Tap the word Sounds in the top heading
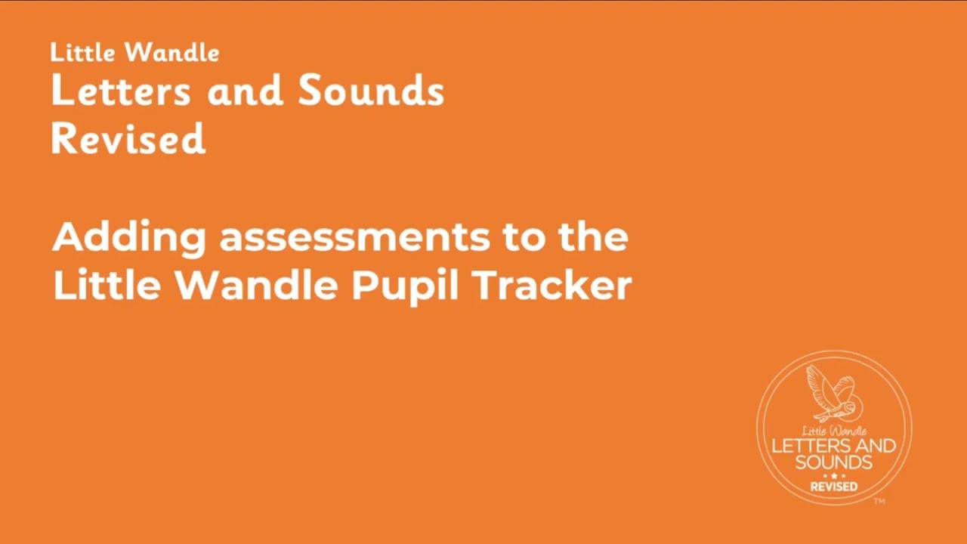coord(370,92)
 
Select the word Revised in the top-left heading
coord(128,140)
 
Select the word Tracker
coord(551,286)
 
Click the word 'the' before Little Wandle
coord(593,237)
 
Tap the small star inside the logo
coord(834,476)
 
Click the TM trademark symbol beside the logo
coord(879,501)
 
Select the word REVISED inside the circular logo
coord(834,487)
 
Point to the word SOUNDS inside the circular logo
coord(834,462)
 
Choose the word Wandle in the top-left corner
coord(172,53)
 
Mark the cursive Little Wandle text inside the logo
coord(834,431)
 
